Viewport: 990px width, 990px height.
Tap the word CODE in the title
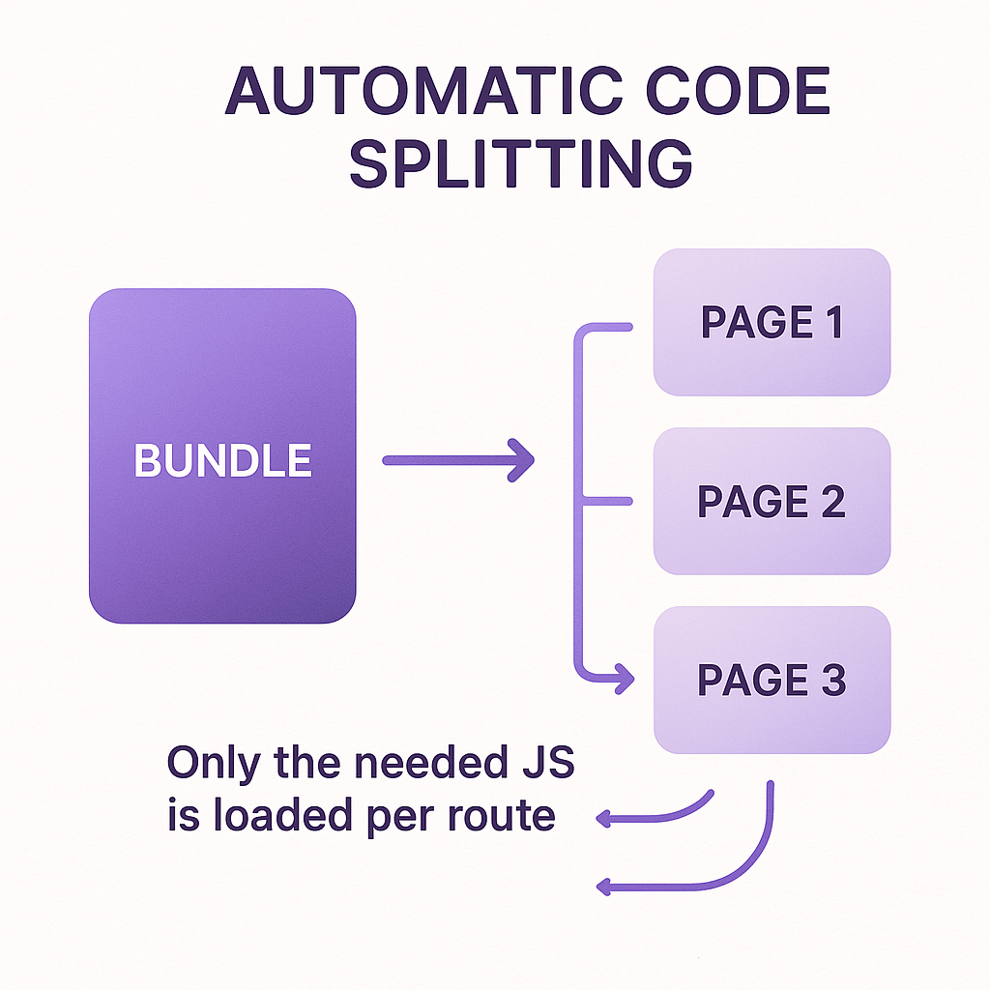click(742, 94)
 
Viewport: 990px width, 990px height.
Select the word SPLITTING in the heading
click(520, 164)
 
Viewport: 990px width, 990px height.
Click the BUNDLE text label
click(222, 461)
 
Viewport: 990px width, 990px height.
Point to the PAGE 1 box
click(772, 322)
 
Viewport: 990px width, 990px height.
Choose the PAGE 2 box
click(772, 501)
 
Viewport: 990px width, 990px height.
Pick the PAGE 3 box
click(772, 680)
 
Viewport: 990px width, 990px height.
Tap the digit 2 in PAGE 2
click(831, 502)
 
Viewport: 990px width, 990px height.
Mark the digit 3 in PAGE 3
click(832, 681)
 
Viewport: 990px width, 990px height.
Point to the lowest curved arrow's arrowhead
click(605, 886)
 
